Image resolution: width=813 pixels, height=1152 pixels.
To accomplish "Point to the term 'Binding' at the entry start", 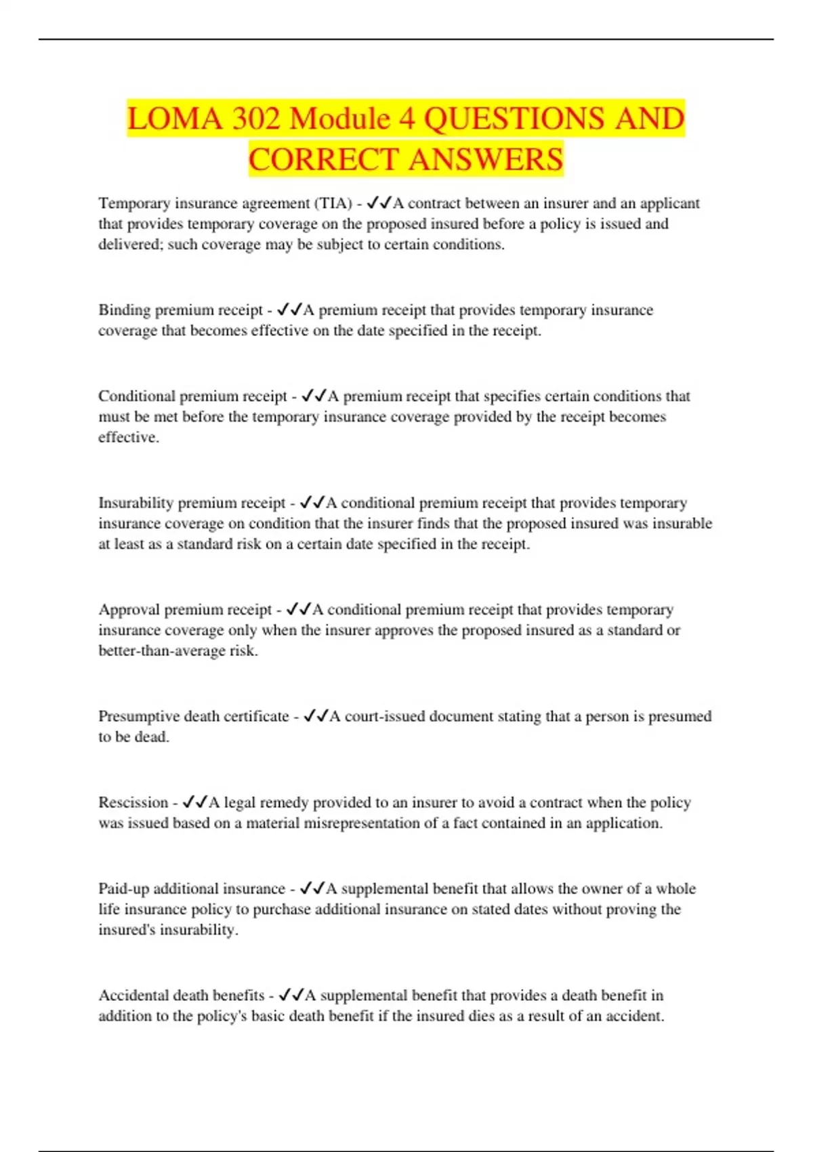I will (125, 310).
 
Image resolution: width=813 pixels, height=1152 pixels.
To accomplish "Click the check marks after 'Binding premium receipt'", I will (289, 310).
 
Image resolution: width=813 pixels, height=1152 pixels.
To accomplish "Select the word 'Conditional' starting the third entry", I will (137, 396).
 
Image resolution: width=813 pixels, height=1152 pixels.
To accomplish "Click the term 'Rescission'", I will (133, 802).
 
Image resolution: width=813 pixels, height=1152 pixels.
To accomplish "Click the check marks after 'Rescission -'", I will (195, 802).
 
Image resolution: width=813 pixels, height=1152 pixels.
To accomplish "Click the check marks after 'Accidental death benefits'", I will (291, 995).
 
